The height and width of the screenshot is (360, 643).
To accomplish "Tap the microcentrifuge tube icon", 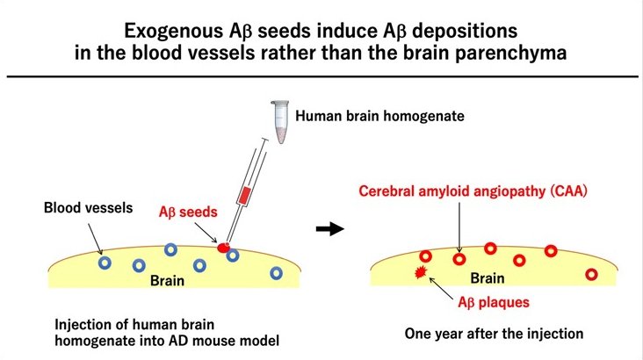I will coord(281,119).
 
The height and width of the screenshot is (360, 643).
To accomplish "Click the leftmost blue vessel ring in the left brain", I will coord(105,262).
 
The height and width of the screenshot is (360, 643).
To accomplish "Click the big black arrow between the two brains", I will coord(329,229).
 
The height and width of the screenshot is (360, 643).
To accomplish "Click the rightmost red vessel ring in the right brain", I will coord(591,274).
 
